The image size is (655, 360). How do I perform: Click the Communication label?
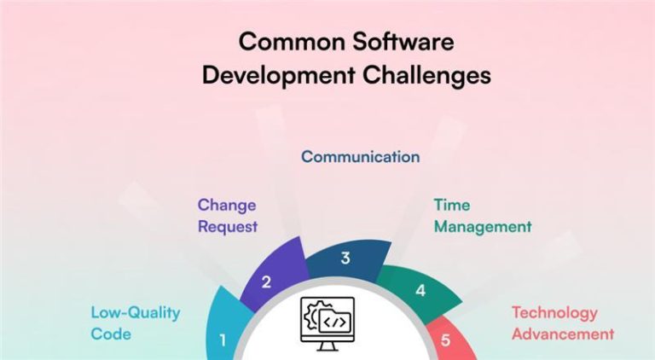click(x=360, y=157)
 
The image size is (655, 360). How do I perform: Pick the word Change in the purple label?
click(x=227, y=205)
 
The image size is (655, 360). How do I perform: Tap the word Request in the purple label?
click(x=228, y=227)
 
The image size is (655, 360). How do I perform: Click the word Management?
click(x=482, y=227)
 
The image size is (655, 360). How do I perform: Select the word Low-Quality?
click(x=136, y=312)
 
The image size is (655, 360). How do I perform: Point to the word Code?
click(x=111, y=334)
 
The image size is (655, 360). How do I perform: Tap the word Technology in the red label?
click(x=554, y=312)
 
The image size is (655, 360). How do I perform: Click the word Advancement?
click(x=562, y=334)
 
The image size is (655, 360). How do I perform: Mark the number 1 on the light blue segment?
click(x=223, y=340)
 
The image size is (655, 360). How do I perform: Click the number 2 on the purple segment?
click(x=266, y=282)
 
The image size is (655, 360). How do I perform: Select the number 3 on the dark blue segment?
click(x=345, y=258)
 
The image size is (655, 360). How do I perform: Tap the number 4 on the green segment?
click(x=420, y=291)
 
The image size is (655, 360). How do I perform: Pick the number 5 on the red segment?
click(x=445, y=340)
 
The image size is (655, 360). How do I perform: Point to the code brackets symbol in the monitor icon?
click(x=334, y=322)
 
